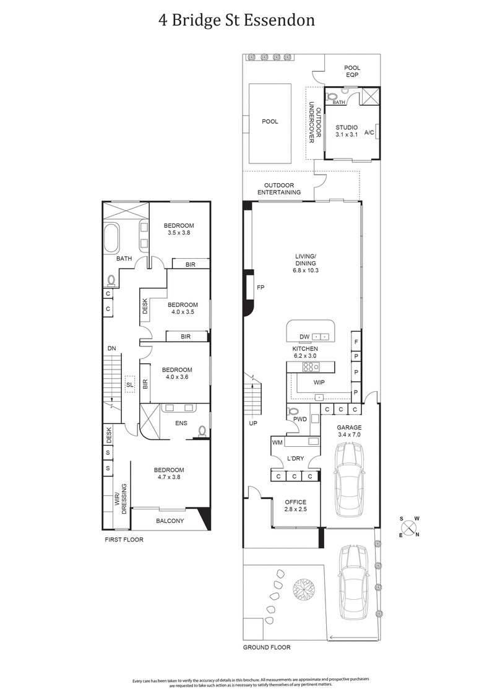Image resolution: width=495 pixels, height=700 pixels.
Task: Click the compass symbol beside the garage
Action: click(408, 527)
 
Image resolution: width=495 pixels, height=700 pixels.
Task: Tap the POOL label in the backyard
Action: click(270, 122)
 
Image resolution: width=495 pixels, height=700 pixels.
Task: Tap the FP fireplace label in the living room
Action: click(260, 287)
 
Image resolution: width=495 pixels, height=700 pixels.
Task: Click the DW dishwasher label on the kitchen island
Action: click(304, 337)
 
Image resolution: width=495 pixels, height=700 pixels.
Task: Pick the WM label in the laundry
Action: click(277, 442)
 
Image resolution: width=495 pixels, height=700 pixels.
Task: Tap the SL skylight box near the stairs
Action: click(129, 384)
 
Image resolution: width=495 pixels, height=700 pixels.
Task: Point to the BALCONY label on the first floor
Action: click(170, 521)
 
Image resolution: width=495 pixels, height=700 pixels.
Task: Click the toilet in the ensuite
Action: click(201, 430)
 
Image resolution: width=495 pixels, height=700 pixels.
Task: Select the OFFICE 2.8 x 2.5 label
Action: click(296, 505)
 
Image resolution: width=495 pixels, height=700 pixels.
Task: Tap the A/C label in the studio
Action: click(369, 132)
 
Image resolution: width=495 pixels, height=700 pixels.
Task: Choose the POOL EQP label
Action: click(351, 71)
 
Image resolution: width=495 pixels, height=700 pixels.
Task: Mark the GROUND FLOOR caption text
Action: click(267, 647)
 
